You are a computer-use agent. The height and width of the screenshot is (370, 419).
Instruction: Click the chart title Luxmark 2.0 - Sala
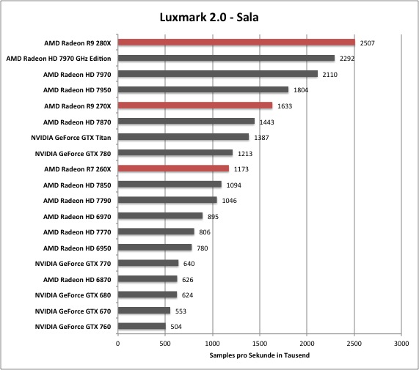pos(209,18)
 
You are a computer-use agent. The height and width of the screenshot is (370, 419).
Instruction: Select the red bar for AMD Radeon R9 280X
pos(236,42)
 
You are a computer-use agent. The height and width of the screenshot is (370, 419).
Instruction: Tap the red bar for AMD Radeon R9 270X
pos(195,106)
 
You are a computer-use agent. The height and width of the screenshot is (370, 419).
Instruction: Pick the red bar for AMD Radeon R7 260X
pos(173,169)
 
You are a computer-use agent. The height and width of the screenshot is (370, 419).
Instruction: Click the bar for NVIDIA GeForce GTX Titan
pos(183,137)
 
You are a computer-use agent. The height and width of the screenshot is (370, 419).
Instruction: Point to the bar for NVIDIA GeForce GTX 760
pos(142,326)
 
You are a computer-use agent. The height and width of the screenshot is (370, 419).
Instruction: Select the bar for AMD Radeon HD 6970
pos(160,216)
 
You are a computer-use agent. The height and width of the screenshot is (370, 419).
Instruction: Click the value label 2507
pos(367,43)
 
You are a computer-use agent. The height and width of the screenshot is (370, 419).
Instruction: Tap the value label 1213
pos(245,154)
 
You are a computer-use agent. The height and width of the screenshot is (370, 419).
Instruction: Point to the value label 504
pos(176,327)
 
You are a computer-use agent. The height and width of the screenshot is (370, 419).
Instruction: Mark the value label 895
pos(213,217)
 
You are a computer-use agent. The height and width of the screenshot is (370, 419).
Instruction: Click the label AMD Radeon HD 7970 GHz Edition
pos(59,59)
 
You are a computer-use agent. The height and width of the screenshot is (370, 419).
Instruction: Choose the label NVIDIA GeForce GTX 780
pos(73,154)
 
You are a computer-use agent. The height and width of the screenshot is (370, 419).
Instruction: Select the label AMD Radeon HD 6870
pos(77,280)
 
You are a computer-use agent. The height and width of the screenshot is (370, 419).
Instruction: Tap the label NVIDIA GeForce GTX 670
pos(73,311)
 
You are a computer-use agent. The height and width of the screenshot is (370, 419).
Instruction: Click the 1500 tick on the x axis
pos(260,344)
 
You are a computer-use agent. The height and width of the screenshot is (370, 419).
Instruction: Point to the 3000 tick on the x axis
pos(401,344)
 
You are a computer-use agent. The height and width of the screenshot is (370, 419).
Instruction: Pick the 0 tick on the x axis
pos(118,344)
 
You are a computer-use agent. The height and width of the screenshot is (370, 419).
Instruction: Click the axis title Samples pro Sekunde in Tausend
pos(260,355)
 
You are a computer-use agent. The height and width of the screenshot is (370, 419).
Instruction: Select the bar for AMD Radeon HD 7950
pos(203,89)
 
